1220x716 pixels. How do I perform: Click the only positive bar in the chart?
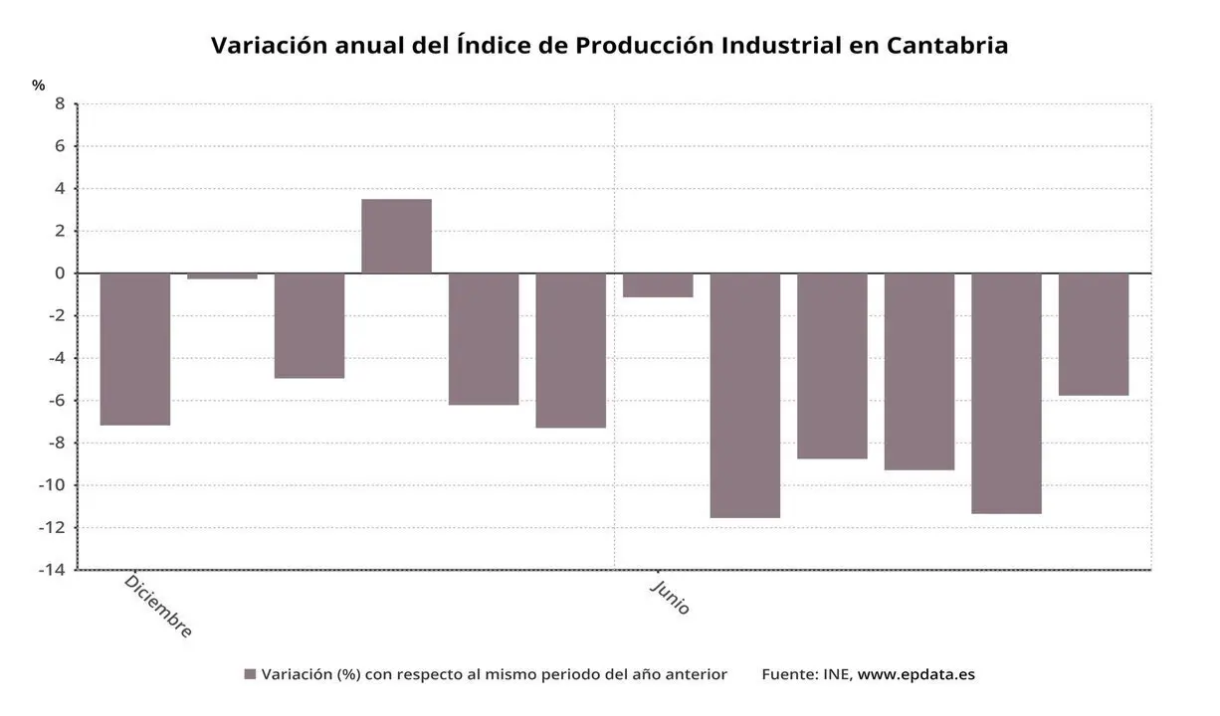point(396,236)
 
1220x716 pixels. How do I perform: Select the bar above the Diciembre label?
point(135,348)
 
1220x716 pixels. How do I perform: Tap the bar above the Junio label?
point(658,285)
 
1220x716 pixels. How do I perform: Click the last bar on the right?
point(1093,334)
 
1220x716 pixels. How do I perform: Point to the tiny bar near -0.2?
point(222,275)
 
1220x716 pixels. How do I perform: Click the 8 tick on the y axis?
point(60,103)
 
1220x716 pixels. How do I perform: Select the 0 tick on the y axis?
point(60,272)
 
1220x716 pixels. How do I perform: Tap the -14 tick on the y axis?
point(53,570)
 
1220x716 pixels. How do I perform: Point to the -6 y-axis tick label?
point(57,400)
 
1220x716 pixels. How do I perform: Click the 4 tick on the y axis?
point(60,188)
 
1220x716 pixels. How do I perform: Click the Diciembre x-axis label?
point(158,605)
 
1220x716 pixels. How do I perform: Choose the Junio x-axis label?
point(670,597)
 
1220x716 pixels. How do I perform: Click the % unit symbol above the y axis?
point(39,86)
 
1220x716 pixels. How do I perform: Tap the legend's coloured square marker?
point(250,674)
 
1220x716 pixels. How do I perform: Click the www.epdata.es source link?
point(915,674)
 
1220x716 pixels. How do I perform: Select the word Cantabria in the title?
point(946,46)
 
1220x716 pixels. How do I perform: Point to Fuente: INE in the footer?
point(805,674)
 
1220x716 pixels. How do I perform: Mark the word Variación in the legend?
point(296,674)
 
